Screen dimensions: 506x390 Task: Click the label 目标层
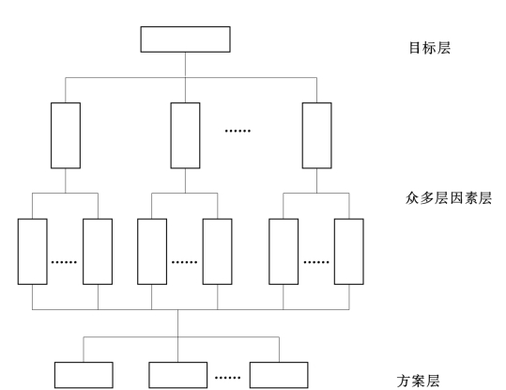(430, 48)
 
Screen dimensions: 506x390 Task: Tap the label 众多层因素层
(449, 198)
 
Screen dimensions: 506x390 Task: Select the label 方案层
(419, 381)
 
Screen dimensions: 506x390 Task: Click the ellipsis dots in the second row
(238, 131)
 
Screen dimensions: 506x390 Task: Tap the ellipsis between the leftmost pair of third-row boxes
(64, 262)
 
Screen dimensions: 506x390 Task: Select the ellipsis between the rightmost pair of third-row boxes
(316, 262)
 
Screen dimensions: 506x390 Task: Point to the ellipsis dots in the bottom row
(228, 378)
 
